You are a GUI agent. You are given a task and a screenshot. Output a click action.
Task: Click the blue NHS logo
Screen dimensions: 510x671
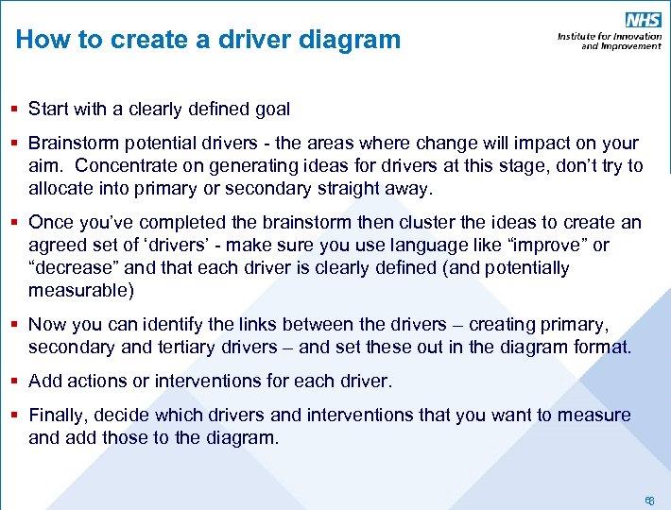click(x=642, y=21)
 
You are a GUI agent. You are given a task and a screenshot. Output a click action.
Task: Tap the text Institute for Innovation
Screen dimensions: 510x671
click(x=610, y=37)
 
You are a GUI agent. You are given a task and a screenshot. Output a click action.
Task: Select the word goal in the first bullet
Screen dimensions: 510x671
click(x=271, y=109)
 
